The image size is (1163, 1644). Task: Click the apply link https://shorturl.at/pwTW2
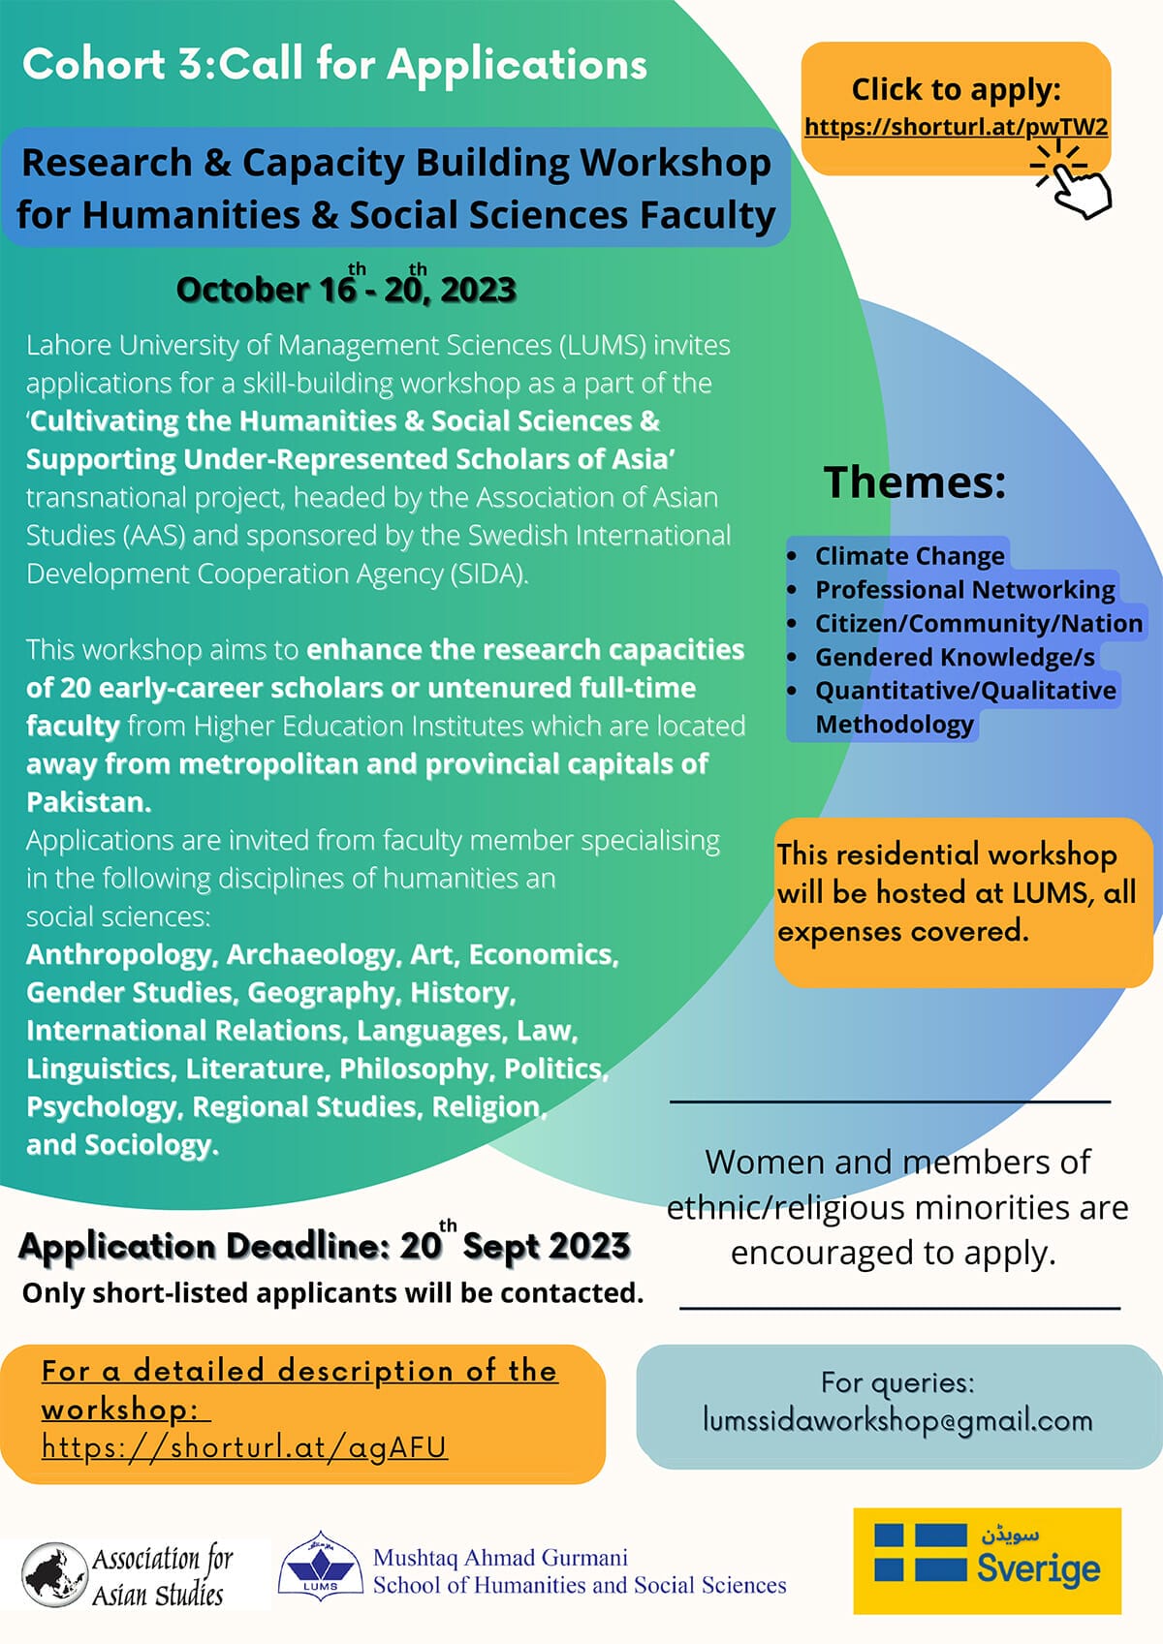(x=956, y=128)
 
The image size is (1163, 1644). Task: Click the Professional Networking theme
(x=964, y=590)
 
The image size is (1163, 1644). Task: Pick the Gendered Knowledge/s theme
(x=955, y=658)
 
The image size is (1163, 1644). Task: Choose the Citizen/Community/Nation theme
(x=978, y=624)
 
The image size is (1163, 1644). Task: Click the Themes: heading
(x=915, y=482)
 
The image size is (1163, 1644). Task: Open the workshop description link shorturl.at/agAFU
(x=244, y=1447)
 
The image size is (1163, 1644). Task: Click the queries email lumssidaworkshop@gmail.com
(x=897, y=1421)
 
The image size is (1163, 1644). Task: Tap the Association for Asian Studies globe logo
(x=56, y=1574)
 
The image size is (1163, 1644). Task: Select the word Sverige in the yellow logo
(x=1038, y=1569)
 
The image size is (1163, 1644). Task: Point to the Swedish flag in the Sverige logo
(x=920, y=1552)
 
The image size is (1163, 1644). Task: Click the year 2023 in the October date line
(x=478, y=290)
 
